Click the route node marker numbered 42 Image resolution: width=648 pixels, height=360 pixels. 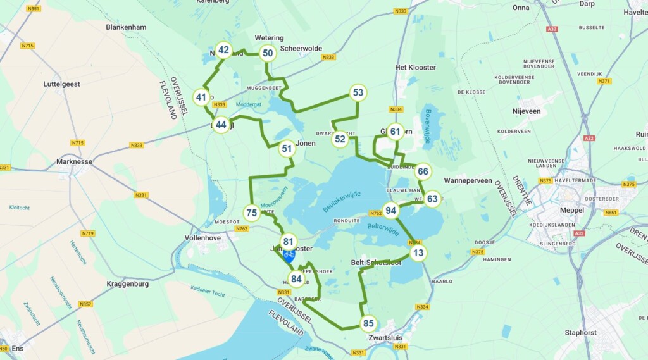pyautogui.click(x=223, y=49)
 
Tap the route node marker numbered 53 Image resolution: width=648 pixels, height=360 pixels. pyautogui.click(x=358, y=93)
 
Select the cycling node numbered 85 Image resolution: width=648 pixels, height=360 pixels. pyautogui.click(x=368, y=324)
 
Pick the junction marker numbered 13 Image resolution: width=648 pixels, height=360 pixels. pyautogui.click(x=418, y=253)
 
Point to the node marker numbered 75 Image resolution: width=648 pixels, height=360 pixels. pyautogui.click(x=252, y=213)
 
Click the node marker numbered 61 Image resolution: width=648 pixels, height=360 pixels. pyautogui.click(x=396, y=132)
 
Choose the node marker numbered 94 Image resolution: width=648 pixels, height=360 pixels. pyautogui.click(x=391, y=211)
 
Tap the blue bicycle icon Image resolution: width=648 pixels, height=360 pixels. pyautogui.click(x=289, y=256)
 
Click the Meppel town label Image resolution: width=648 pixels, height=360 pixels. pyautogui.click(x=554, y=210)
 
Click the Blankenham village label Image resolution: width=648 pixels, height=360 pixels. pyautogui.click(x=126, y=27)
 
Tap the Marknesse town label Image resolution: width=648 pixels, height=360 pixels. pyautogui.click(x=74, y=161)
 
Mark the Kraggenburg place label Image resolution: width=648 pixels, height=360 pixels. pyautogui.click(x=127, y=284)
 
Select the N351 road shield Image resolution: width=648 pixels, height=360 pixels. pyautogui.click(x=34, y=8)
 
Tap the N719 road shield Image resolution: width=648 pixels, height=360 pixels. pyautogui.click(x=88, y=233)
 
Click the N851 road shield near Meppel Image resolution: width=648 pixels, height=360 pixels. pyautogui.click(x=611, y=213)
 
